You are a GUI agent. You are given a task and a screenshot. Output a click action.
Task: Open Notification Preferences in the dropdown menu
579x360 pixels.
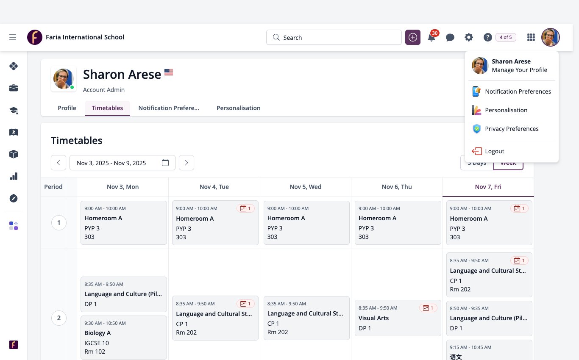(x=511, y=91)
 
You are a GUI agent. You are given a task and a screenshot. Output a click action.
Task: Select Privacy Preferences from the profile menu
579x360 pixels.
(x=505, y=129)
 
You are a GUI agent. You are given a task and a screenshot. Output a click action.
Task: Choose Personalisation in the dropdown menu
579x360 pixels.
(x=499, y=110)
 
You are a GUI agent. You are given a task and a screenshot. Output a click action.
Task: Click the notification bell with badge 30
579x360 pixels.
(x=431, y=37)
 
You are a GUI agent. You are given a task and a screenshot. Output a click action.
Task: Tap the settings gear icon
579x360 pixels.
(x=469, y=37)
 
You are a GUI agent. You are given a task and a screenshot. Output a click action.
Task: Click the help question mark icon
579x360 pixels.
(x=487, y=37)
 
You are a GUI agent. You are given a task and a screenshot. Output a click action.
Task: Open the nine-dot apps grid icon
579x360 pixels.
(x=531, y=37)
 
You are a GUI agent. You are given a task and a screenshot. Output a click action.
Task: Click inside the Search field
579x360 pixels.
(x=334, y=37)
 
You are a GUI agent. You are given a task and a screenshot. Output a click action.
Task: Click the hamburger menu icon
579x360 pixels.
(x=13, y=37)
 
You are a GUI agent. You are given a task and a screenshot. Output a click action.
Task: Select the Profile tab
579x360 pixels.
(x=67, y=108)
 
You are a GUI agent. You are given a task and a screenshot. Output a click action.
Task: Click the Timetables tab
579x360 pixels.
(x=107, y=108)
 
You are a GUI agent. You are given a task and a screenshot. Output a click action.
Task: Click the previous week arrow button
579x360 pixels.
(x=58, y=163)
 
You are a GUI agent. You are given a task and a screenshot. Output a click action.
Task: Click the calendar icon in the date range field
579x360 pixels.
(x=165, y=163)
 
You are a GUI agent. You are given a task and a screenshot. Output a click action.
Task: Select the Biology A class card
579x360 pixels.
(x=124, y=337)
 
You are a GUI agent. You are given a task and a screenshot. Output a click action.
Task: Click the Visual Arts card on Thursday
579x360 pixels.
(x=398, y=318)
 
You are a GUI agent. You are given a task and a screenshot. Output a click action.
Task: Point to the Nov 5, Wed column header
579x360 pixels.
(x=306, y=187)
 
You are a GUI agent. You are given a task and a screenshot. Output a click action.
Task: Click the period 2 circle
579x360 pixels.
(x=59, y=318)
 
